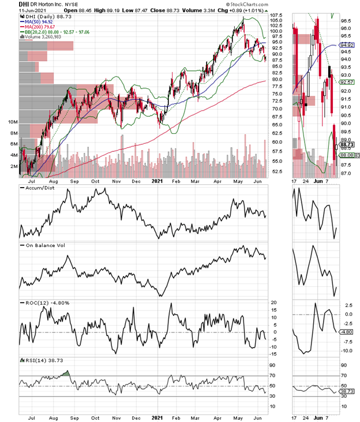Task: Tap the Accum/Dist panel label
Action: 40,189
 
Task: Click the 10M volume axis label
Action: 12,122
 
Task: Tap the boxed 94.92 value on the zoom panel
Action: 346,44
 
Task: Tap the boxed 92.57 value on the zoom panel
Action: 346,82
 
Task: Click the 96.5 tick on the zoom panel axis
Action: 346,21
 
